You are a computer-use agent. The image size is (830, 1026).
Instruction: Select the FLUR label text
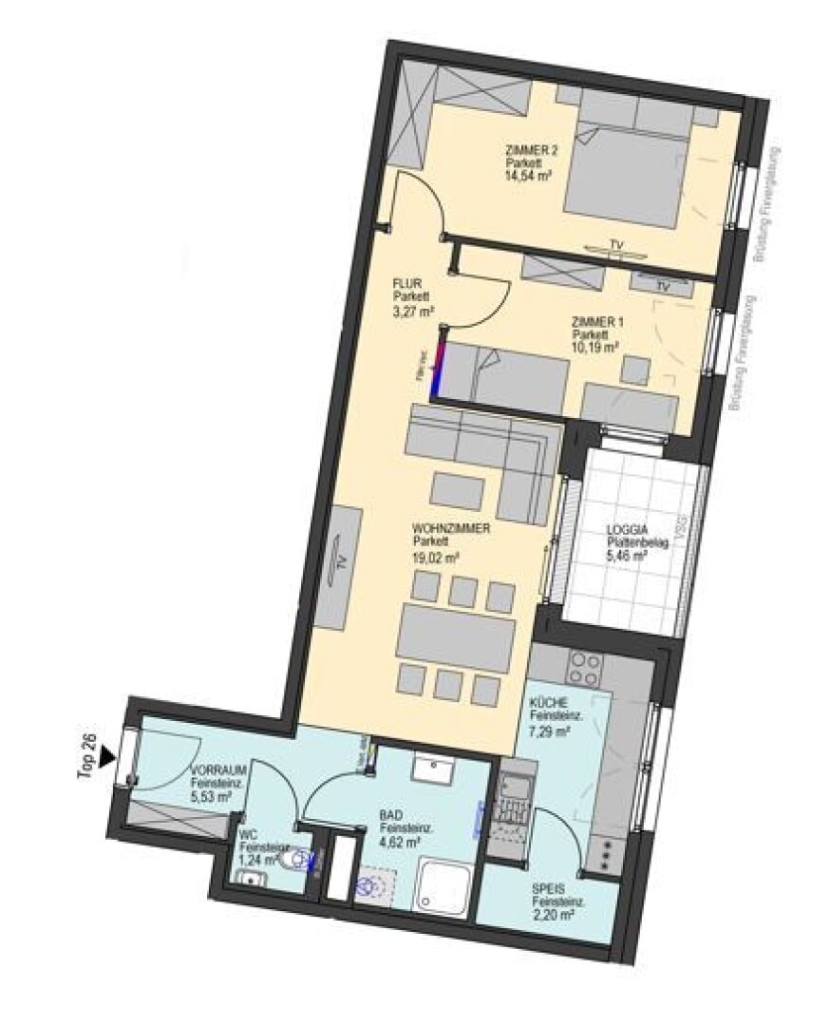click(406, 282)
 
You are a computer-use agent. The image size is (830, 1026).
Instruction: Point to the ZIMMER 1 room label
click(598, 323)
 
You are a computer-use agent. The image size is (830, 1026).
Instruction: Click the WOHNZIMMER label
click(451, 527)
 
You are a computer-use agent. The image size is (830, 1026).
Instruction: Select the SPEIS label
click(550, 889)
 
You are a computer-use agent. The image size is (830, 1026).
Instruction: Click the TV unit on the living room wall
click(339, 565)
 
